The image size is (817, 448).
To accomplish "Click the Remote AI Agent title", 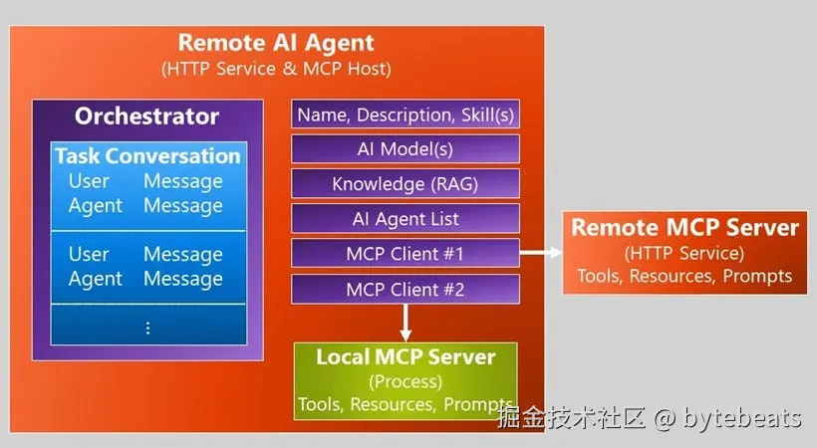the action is coord(276,43).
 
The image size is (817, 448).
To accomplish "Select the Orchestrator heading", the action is coord(146,115).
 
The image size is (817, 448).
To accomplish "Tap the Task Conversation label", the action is coord(147,156).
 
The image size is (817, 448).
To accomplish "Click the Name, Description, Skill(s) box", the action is coord(406,114).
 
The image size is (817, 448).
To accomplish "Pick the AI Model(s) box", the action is coord(406,149).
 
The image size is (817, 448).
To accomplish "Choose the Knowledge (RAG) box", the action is coord(406,184).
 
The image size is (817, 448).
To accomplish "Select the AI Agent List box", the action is coord(406,219).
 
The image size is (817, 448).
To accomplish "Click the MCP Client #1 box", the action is coord(406,254).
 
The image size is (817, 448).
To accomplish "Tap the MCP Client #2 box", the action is coord(406,290).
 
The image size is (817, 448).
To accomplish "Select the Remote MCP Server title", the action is coord(684,228).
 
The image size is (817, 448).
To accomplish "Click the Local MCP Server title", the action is coord(406,356).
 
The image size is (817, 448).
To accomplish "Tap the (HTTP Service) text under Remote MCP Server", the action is coord(684,253).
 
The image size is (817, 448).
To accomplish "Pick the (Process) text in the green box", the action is coord(406,381).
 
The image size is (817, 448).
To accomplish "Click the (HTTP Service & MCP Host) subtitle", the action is coord(276,69).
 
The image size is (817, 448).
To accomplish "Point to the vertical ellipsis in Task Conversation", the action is coord(147,327).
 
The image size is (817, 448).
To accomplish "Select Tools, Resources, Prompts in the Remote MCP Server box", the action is coord(684,276).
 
